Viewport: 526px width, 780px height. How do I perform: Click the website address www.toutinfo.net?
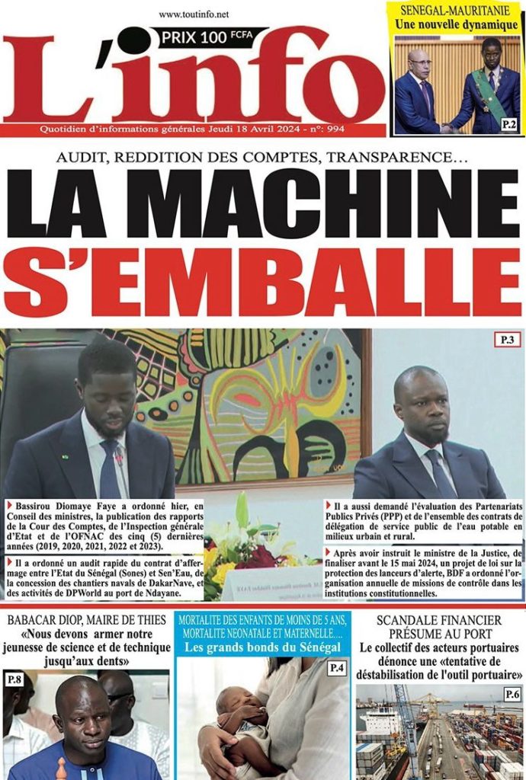194,14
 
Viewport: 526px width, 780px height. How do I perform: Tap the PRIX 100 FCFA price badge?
208,35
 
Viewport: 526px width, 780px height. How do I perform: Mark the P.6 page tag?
511,694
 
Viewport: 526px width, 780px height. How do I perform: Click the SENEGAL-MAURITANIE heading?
456,10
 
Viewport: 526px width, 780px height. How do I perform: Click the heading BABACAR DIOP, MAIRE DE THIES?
86,619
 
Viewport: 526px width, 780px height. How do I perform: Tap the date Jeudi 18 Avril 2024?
245,129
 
